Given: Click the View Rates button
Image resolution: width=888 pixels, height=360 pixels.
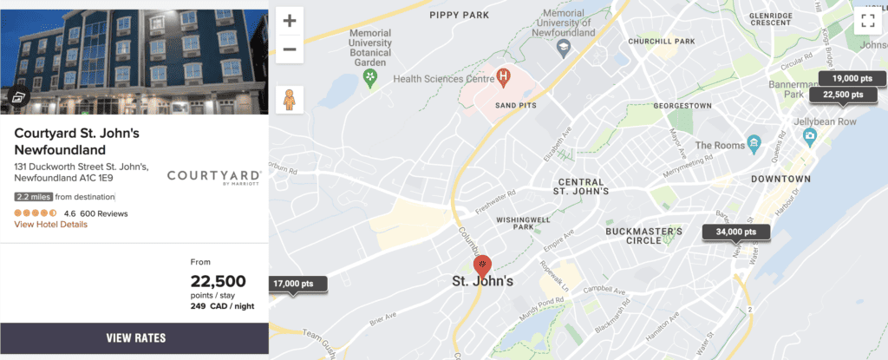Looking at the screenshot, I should click(134, 337).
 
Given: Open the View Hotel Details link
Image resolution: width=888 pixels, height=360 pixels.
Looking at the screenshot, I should click(50, 225).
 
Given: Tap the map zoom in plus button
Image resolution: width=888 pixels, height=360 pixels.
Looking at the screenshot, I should click(290, 21).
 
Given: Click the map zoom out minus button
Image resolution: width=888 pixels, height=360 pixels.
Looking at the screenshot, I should click(290, 49).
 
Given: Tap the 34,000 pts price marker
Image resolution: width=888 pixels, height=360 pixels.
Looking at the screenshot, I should click(736, 232).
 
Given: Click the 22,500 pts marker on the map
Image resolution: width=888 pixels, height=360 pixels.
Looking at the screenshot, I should click(843, 95).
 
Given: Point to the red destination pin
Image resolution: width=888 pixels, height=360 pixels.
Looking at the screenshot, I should click(482, 265).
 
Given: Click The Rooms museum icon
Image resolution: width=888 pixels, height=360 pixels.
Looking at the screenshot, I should click(754, 142).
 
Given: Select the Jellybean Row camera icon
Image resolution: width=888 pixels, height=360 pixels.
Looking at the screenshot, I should click(809, 136).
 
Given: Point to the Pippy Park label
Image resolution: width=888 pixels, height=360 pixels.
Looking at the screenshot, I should click(459, 15).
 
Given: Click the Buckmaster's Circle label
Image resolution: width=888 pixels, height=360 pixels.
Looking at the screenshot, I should click(643, 235).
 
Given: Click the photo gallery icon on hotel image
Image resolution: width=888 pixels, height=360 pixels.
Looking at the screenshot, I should click(18, 98).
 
